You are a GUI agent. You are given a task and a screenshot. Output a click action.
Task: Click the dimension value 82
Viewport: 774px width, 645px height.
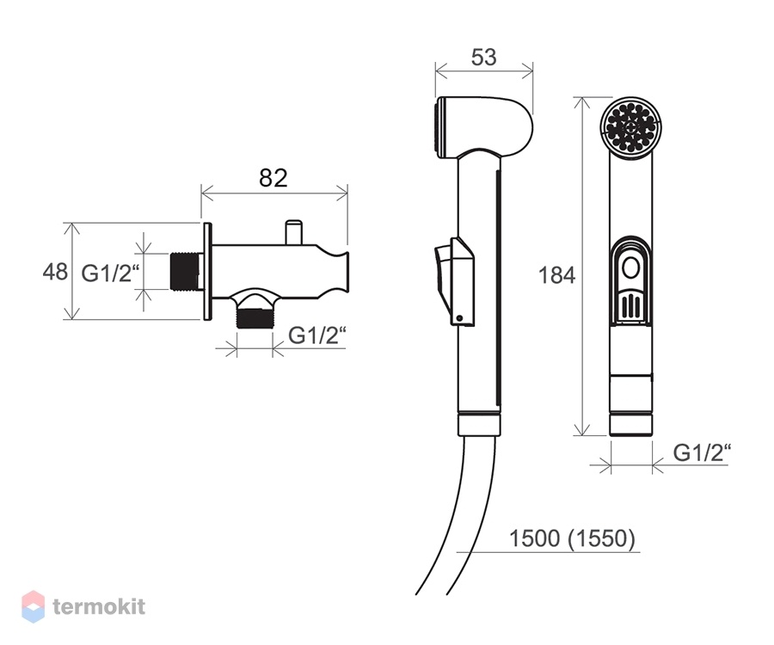pos(273,178)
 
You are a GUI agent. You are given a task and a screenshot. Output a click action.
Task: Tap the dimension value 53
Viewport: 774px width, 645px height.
pos(483,58)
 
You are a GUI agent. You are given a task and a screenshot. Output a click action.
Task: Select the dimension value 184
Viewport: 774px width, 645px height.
pos(556,275)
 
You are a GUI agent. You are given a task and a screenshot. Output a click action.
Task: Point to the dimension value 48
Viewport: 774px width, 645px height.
pos(55,272)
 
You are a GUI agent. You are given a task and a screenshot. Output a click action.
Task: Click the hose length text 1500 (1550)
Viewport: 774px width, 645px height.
pos(572,538)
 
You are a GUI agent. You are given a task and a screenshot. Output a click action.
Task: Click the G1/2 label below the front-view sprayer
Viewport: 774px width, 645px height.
pos(702,452)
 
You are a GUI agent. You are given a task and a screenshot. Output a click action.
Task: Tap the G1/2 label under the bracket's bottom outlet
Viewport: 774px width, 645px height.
pos(316,335)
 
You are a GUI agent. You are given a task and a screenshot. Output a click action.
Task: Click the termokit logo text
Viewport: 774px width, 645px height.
pos(99,606)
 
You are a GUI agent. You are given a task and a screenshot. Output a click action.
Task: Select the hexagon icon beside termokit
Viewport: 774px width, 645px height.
pos(33,606)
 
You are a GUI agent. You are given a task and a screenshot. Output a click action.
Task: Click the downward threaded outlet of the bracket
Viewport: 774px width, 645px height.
pos(255,318)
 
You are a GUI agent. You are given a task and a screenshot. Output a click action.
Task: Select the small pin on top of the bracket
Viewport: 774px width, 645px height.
pos(293,232)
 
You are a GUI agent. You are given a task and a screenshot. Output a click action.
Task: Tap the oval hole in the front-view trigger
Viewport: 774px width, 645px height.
pos(630,269)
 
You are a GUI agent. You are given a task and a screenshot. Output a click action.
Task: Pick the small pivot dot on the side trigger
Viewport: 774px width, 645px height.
pos(459,318)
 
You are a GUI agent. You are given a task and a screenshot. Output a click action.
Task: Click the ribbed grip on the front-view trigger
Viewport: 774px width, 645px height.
pos(630,306)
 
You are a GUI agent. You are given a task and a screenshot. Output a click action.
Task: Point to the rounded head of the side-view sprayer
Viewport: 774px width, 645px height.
pos(483,126)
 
